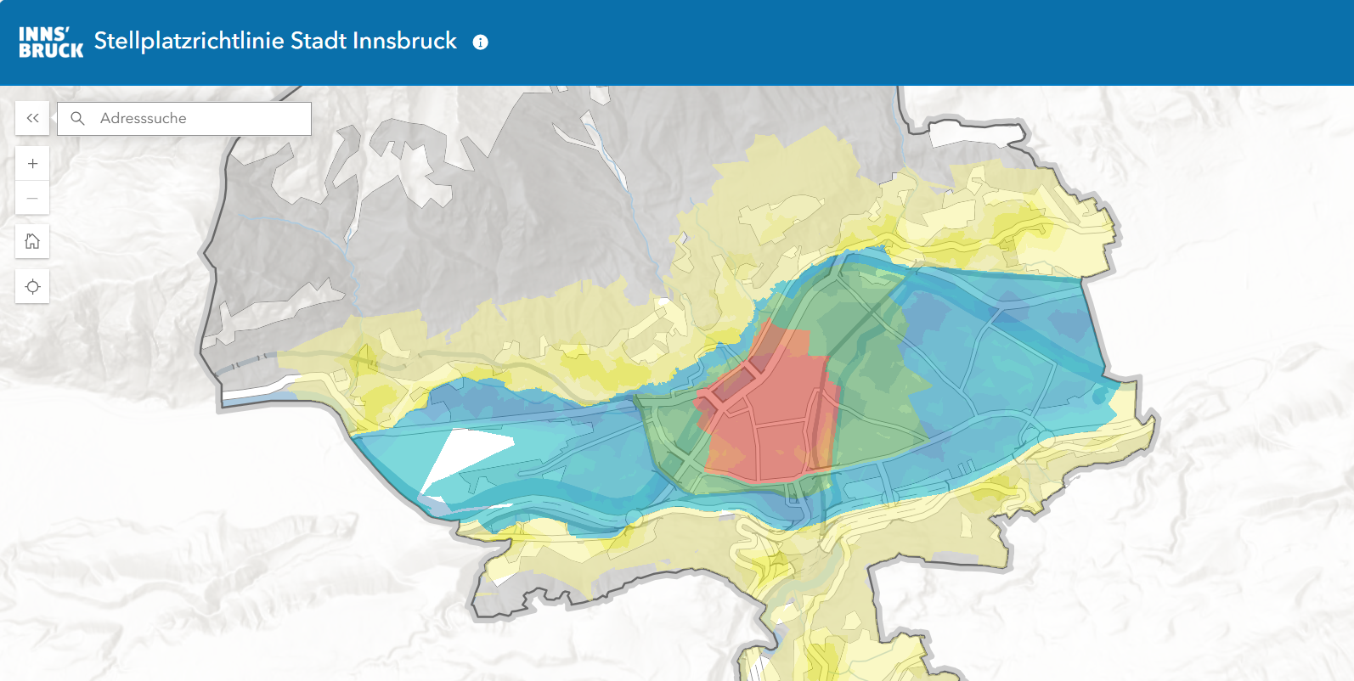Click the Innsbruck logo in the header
pos(51,42)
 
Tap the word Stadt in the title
pos(318,41)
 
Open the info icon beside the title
pos(481,42)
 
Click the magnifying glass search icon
pos(77,119)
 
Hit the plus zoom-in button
pos(32,164)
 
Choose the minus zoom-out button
pos(32,199)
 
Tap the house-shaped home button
pos(32,242)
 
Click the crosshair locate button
pos(32,287)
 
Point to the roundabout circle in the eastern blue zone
pos(1046,439)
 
